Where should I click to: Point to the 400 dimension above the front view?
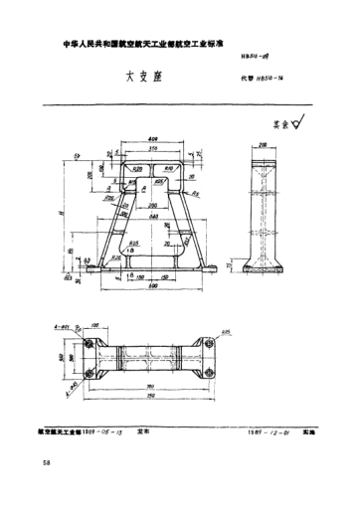[153, 139]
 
